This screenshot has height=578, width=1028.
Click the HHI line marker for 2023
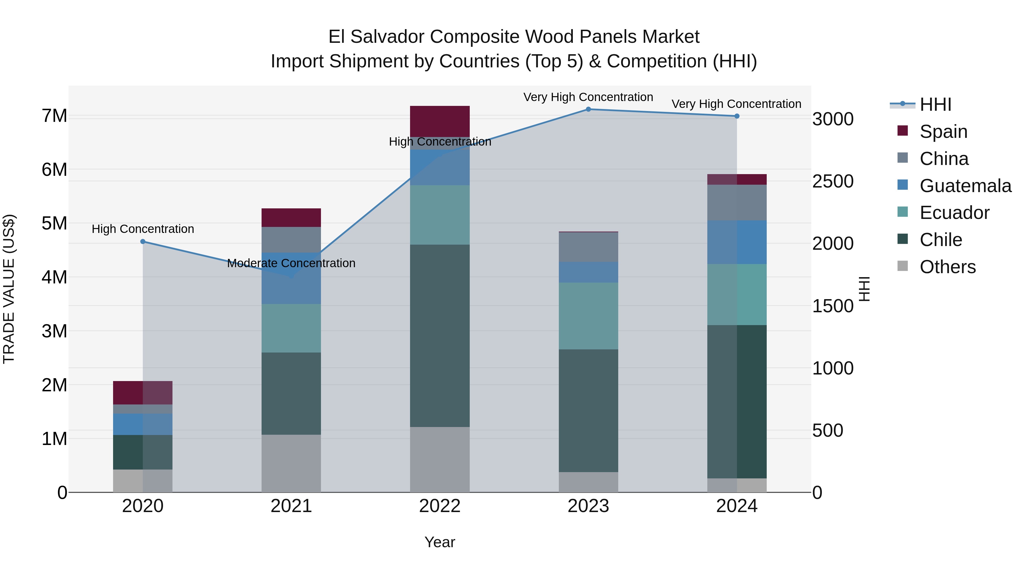[588, 109]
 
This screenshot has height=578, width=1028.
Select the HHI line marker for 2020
[143, 241]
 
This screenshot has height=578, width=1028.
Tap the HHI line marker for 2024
[737, 116]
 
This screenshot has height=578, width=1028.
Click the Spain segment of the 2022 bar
[440, 121]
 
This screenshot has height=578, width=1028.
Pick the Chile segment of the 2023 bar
[588, 410]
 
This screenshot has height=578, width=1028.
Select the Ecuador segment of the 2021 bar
[291, 328]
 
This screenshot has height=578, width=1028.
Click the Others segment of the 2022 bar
[440, 459]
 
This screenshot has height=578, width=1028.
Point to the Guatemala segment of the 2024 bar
[737, 242]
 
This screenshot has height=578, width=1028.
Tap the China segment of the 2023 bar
[588, 247]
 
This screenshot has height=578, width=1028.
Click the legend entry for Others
[947, 267]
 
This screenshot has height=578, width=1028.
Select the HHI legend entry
[935, 104]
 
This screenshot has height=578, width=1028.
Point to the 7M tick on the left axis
[55, 116]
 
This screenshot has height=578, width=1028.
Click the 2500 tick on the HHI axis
[833, 182]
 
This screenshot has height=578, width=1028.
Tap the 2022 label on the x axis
[440, 506]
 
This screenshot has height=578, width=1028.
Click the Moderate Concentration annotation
[291, 263]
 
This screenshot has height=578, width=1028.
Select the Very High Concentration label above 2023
[588, 97]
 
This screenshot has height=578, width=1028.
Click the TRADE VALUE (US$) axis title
[9, 289]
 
